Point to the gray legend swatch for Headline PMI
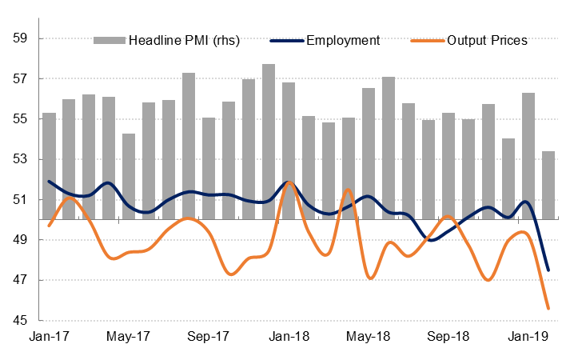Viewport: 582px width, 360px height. click(110, 41)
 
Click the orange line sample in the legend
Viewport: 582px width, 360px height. click(428, 41)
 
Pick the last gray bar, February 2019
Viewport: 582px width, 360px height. click(548, 185)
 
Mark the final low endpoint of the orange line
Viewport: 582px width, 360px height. click(548, 308)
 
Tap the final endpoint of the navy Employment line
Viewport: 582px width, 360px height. click(548, 270)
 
